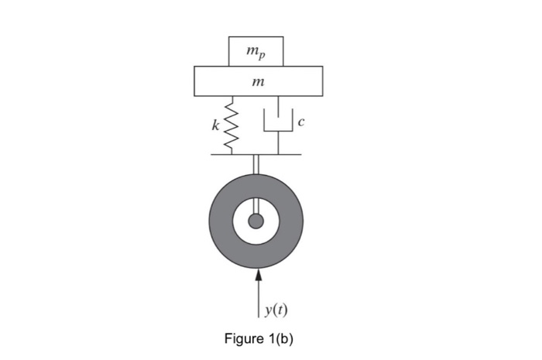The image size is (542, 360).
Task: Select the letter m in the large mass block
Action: click(x=256, y=81)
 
